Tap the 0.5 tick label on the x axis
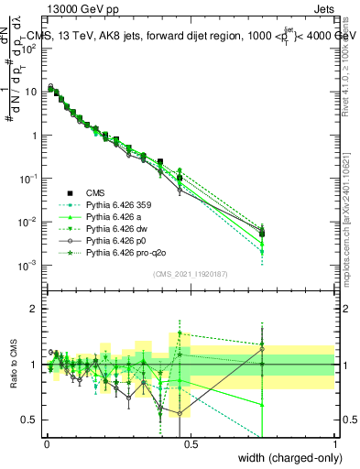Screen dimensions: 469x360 189,444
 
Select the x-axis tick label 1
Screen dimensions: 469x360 335,444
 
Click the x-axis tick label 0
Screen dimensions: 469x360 45,444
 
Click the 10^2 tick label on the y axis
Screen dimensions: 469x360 29,49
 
